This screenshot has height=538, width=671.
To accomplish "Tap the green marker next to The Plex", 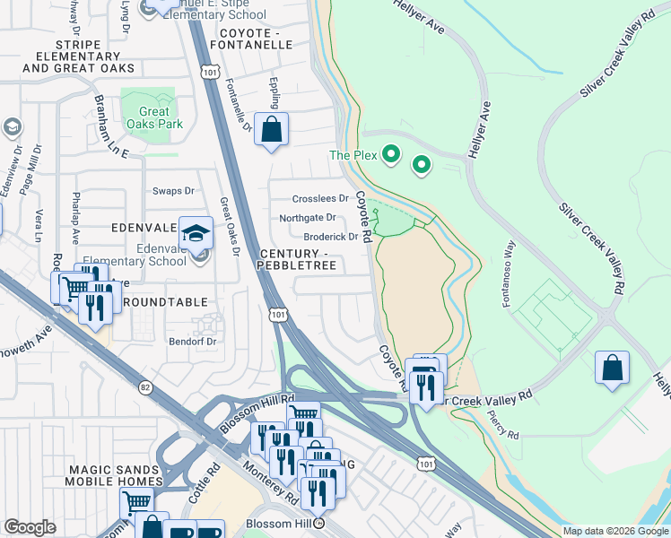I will point(390,155).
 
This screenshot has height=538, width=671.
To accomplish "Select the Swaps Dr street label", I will point(173,191).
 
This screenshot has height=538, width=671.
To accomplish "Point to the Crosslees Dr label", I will point(320,199).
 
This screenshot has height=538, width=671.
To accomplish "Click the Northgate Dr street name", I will point(308,218).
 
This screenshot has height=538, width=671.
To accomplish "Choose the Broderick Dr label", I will point(331,237).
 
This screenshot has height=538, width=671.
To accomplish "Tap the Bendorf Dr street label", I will point(193,342).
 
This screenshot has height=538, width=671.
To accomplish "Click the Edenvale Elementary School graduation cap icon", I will point(196,234).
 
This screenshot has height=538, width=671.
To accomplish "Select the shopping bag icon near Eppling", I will point(271,130).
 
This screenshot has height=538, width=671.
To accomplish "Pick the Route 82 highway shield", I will point(145,387).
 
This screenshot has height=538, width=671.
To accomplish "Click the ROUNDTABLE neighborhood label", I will point(164,302).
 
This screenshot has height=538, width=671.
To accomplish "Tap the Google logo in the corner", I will point(30,527).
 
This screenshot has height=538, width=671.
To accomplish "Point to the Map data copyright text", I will point(615,531).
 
